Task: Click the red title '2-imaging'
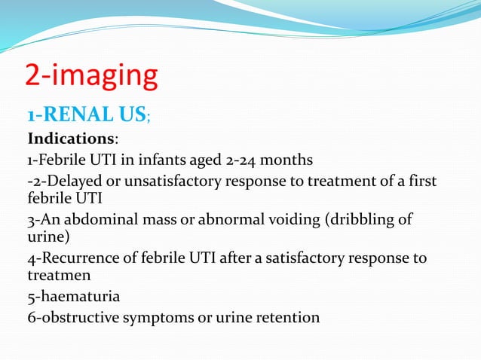[x=92, y=77]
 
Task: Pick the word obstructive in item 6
[x=78, y=317]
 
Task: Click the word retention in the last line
[x=290, y=317]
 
